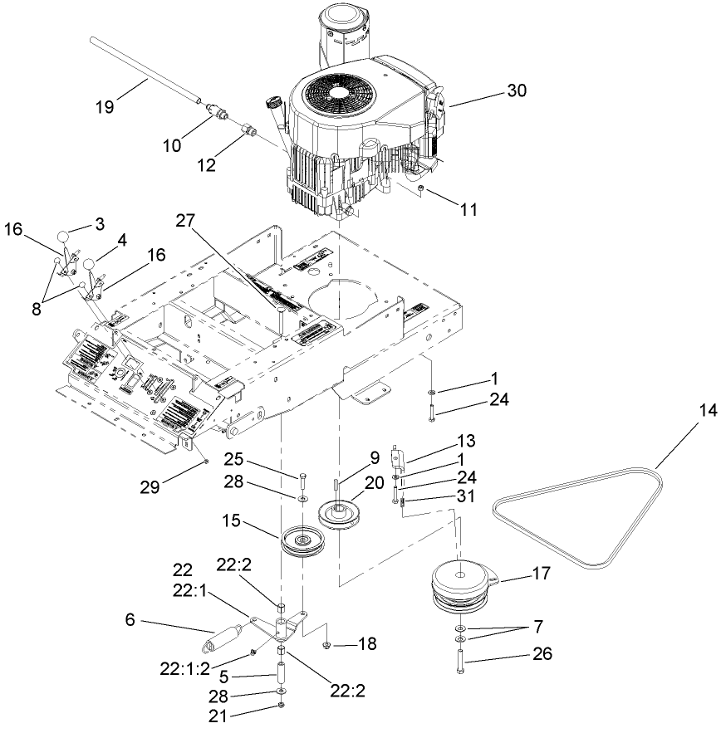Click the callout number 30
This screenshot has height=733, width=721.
[516, 91]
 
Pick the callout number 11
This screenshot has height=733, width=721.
[468, 210]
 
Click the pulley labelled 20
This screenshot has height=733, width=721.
[341, 514]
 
